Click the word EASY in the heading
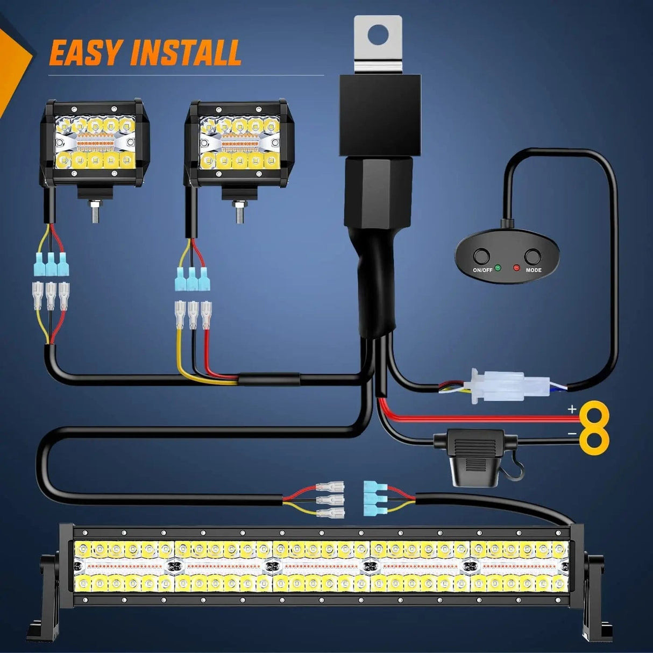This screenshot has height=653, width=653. (85, 53)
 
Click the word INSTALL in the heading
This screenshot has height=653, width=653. (186, 53)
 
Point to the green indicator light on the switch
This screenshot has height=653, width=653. (498, 267)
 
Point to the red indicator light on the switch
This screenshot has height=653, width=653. (517, 267)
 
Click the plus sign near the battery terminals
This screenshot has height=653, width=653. (572, 409)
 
